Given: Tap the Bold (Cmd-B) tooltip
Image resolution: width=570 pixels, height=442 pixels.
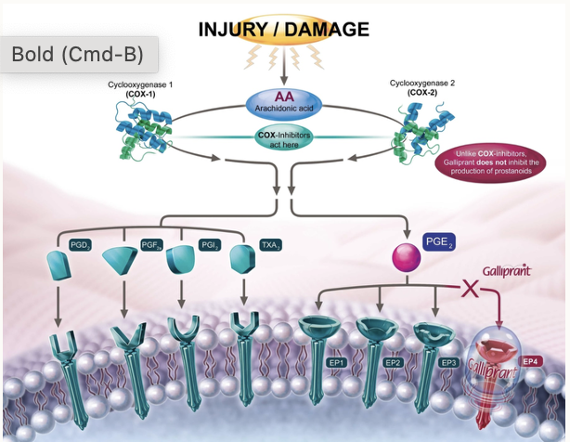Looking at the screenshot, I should (x=77, y=55).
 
